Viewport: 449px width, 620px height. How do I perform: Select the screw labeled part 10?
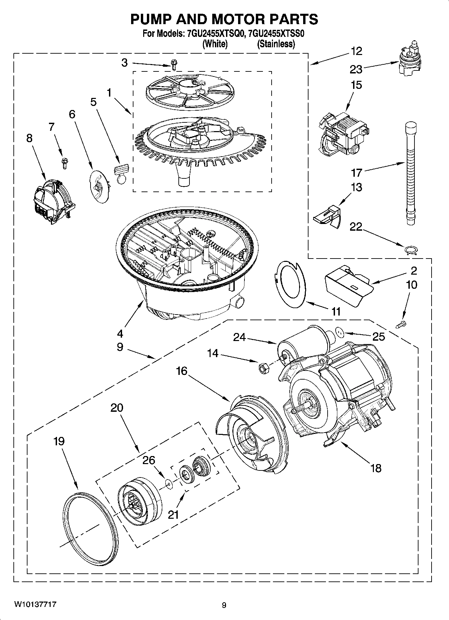coord(401,325)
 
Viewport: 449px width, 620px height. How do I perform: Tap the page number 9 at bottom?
coord(224,605)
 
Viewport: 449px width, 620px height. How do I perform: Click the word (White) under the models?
coord(215,44)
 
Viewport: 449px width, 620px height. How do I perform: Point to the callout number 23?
coord(356,69)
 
